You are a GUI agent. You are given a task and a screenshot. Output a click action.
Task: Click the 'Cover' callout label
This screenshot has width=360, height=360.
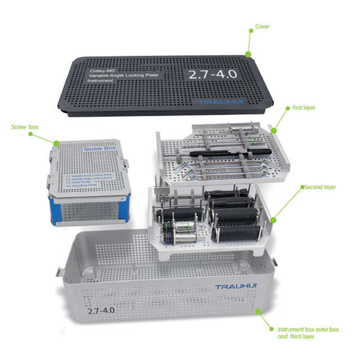click(262, 26)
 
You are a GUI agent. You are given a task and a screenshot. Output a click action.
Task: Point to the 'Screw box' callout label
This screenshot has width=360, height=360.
click(25, 128)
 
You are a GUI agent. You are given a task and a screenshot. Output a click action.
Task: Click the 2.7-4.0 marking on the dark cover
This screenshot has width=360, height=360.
click(212, 74)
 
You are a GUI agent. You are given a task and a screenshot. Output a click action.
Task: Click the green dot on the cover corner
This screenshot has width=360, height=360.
click(248, 53)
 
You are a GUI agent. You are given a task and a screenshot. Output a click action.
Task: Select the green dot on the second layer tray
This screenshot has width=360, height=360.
click(274, 220)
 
